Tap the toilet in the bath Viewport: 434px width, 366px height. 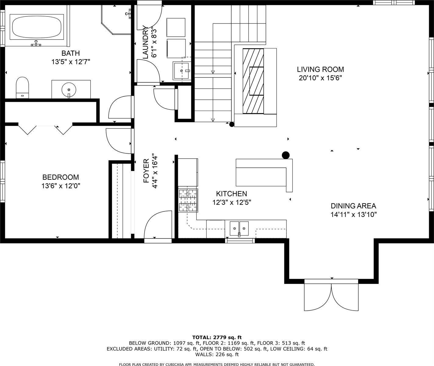point(22,88)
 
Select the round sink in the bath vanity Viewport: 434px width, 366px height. point(69,90)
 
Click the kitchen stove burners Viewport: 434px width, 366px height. point(188,200)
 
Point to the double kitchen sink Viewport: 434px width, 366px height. point(239,228)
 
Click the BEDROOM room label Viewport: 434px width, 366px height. point(60,177)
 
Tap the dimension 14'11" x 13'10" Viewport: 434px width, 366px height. point(353,214)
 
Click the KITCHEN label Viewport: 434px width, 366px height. point(231,194)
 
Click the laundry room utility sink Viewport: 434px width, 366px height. point(182,71)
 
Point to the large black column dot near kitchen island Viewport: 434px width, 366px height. point(285,155)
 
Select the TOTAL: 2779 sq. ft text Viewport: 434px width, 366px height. point(217,337)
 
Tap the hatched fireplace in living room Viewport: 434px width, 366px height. point(253,81)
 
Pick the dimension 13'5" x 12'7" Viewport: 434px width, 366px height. point(71,62)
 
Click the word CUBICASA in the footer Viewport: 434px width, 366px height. point(172,364)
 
